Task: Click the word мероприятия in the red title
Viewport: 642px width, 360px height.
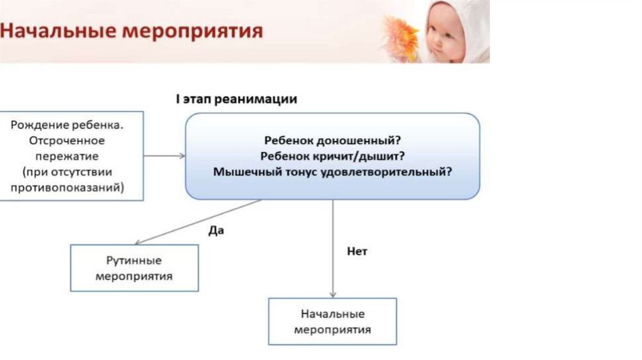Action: point(200,31)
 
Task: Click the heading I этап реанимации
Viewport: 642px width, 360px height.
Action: point(236,100)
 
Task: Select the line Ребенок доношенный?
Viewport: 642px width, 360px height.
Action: point(332,140)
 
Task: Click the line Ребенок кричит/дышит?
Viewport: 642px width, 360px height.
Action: point(332,156)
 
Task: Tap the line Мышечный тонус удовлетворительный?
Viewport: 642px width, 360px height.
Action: point(332,171)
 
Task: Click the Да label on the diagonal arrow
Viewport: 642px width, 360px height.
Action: point(216,230)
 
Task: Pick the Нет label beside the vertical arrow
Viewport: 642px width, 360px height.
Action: point(357,251)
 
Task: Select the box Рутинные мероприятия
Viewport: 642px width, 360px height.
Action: point(134,268)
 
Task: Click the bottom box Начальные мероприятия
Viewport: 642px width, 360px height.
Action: point(332,321)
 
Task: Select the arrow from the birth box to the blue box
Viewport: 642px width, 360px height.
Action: point(164,156)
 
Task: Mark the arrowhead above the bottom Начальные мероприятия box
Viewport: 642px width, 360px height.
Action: point(333,294)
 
